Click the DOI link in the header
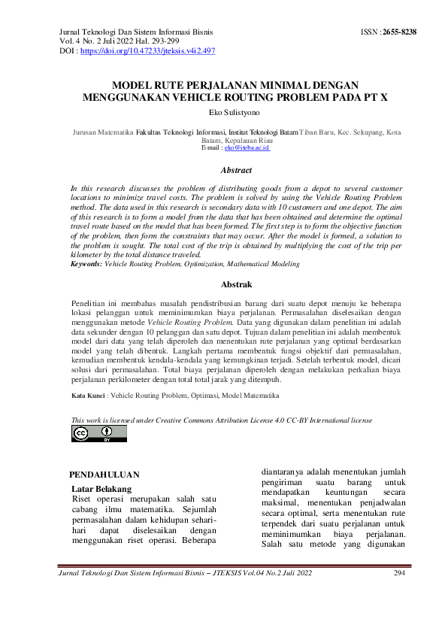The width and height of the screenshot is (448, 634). (147, 50)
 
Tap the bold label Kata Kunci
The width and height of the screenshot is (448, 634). (88, 395)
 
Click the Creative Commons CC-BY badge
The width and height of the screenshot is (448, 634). (99, 433)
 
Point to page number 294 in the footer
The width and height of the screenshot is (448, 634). (400, 574)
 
